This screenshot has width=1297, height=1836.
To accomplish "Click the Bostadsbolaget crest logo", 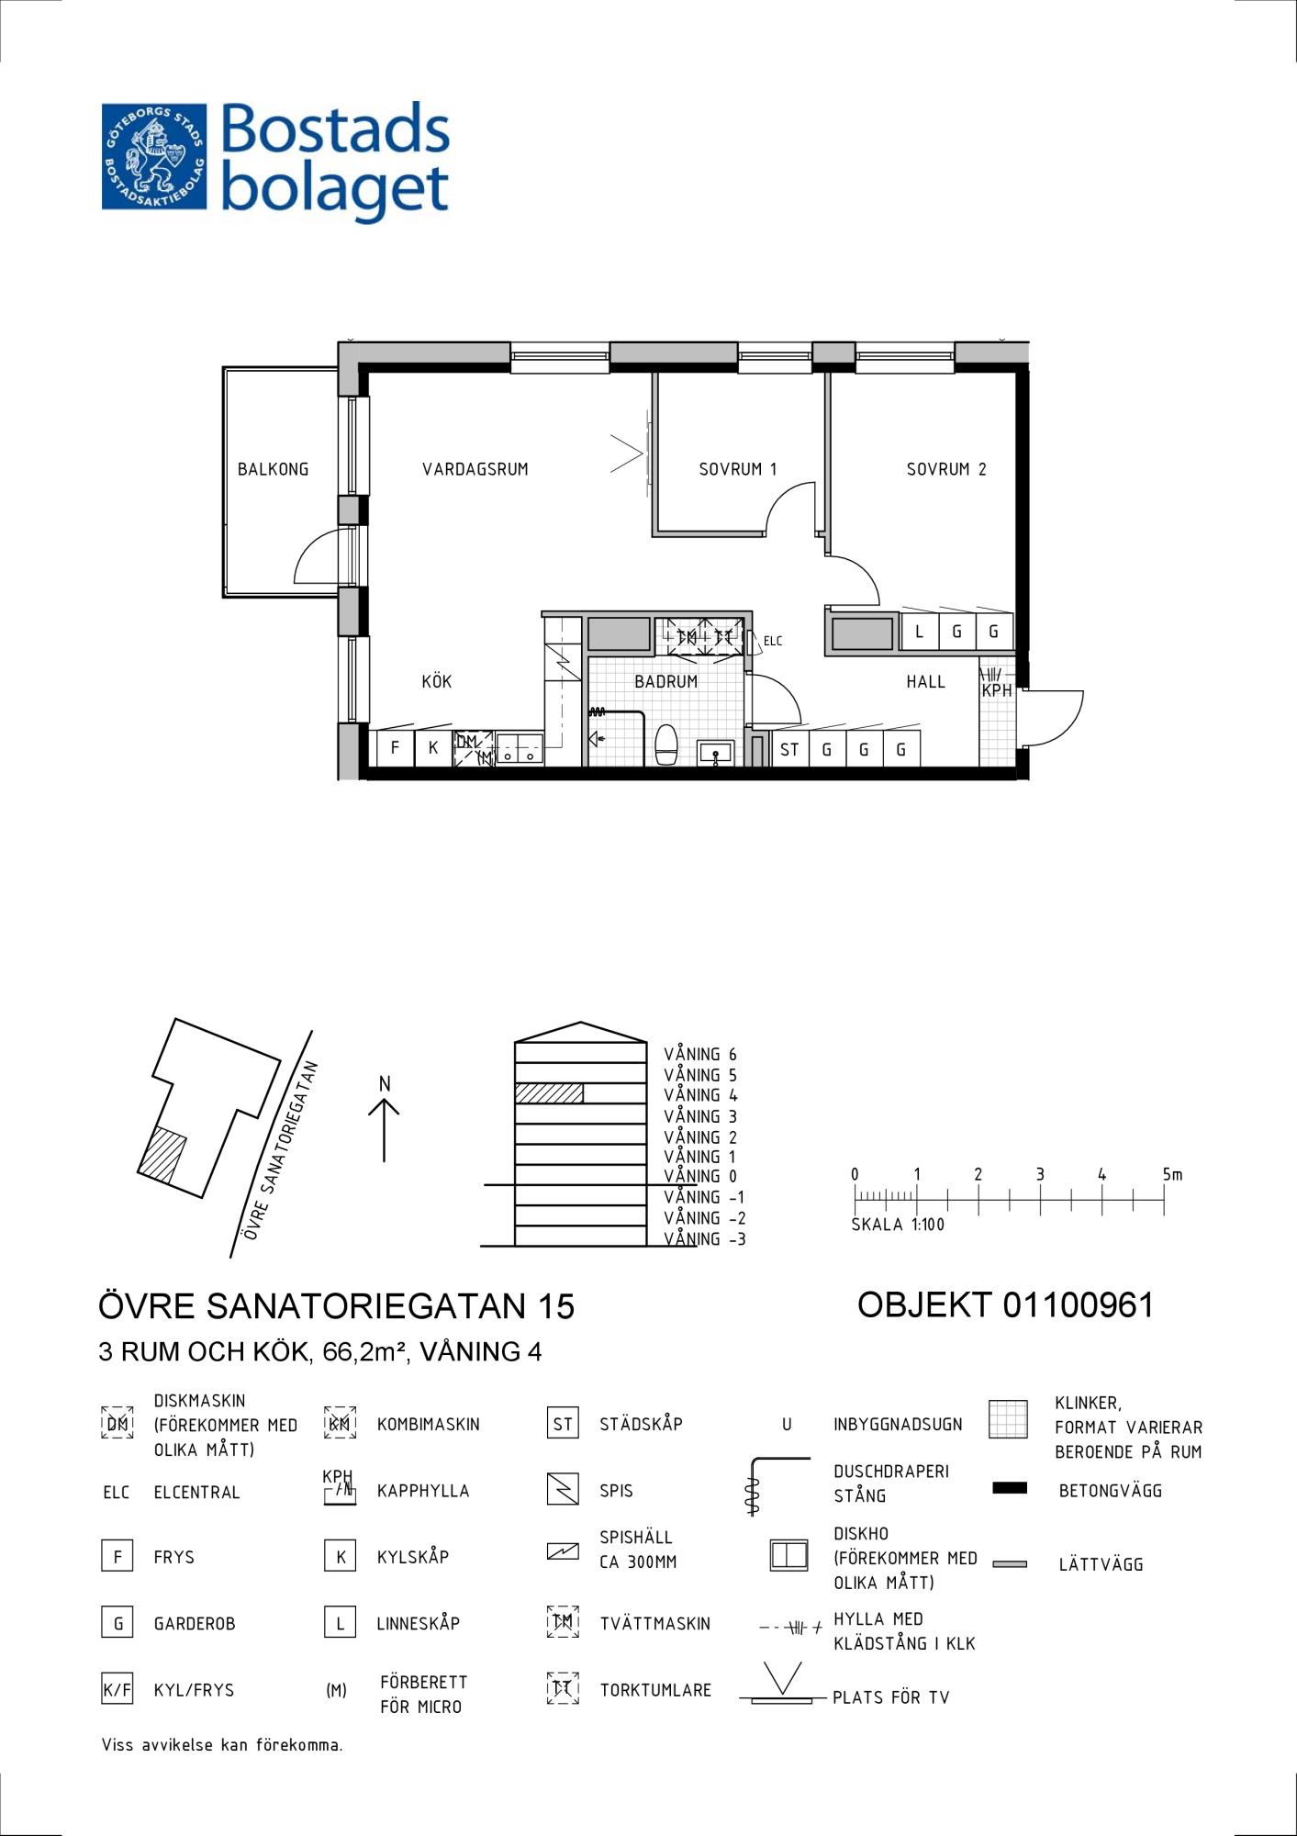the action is click(x=154, y=157).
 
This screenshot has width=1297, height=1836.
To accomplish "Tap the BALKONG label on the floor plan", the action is click(x=273, y=469).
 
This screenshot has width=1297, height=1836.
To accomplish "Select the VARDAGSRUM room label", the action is click(x=475, y=469).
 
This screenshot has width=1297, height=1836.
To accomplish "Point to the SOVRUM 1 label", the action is click(x=738, y=469).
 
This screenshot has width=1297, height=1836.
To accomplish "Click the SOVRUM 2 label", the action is click(x=946, y=469).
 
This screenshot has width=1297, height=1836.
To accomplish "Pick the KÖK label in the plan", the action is click(x=437, y=680).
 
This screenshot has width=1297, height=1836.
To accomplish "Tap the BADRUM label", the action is click(x=666, y=681).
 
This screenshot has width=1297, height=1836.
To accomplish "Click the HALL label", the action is click(x=925, y=681).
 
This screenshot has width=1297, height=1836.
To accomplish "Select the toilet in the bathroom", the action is click(x=666, y=744).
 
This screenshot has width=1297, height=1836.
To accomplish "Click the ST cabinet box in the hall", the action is click(x=790, y=748).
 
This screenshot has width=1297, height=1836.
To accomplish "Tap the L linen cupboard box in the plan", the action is click(x=920, y=632).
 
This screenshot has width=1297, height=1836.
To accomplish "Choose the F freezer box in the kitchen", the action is click(x=396, y=747).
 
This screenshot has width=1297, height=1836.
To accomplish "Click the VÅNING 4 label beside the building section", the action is click(x=700, y=1095).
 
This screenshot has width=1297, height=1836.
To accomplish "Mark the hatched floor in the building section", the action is click(x=549, y=1093).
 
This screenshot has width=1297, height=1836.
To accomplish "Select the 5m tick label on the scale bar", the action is click(x=1172, y=1174).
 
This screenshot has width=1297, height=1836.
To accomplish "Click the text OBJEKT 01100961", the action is click(x=1005, y=1304).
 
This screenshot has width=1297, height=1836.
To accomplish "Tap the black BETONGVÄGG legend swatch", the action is click(x=1010, y=1488).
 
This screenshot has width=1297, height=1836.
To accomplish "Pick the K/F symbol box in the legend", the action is click(x=117, y=1689).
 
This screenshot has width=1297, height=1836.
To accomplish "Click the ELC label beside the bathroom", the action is click(x=773, y=641).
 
